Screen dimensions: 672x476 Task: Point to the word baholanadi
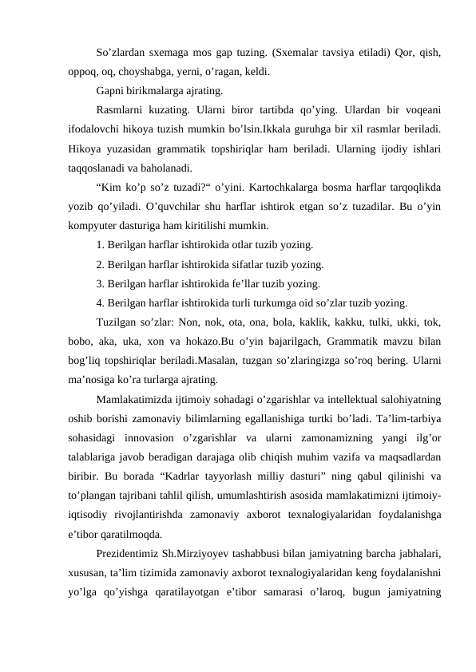tap(159, 168)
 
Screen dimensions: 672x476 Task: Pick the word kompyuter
tap(93, 224)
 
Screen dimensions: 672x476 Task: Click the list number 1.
tap(99, 244)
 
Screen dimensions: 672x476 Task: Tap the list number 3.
tap(99, 283)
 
